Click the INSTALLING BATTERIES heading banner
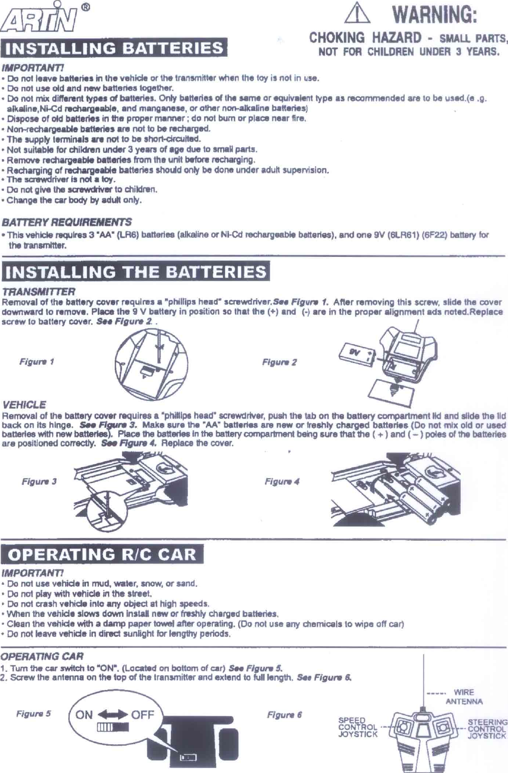pyautogui.click(x=113, y=49)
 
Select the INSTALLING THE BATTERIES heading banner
pyautogui.click(x=135, y=272)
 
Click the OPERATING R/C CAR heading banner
pyautogui.click(x=102, y=555)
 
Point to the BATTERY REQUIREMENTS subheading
pyautogui.click(x=67, y=223)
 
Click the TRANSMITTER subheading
pyautogui.click(x=39, y=292)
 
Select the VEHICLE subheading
pyautogui.click(x=24, y=405)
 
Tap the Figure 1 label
pyautogui.click(x=37, y=362)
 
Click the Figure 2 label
pyautogui.click(x=280, y=362)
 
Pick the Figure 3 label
pyautogui.click(x=39, y=481)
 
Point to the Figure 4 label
pyautogui.click(x=282, y=481)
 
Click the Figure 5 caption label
pyautogui.click(x=34, y=714)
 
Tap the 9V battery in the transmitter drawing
pyautogui.click(x=359, y=354)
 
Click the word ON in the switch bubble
pyautogui.click(x=84, y=715)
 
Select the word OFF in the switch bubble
pyautogui.click(x=142, y=715)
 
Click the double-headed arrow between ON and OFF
pyautogui.click(x=113, y=715)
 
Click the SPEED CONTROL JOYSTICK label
pyautogui.click(x=357, y=727)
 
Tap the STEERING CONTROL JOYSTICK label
pyautogui.click(x=487, y=729)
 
